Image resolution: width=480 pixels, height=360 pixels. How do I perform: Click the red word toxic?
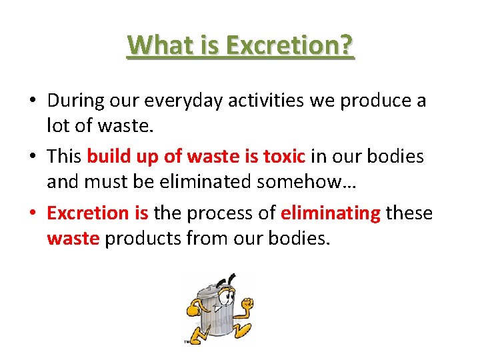(284, 157)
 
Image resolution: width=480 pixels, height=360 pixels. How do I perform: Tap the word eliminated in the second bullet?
(223, 180)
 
